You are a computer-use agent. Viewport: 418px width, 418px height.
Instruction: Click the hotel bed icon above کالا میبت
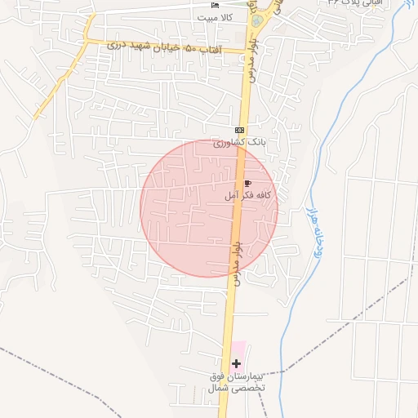(215, 6)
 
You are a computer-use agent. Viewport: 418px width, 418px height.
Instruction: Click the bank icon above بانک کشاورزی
(239, 131)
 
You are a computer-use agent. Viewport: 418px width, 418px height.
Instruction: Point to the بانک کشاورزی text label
(239, 142)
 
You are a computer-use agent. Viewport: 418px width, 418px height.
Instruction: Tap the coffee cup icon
(247, 184)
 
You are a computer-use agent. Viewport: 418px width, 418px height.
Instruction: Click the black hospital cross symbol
(237, 362)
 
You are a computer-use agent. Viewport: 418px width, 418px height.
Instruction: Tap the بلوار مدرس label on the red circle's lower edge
(235, 267)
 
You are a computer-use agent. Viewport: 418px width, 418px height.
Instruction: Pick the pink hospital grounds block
(239, 353)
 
